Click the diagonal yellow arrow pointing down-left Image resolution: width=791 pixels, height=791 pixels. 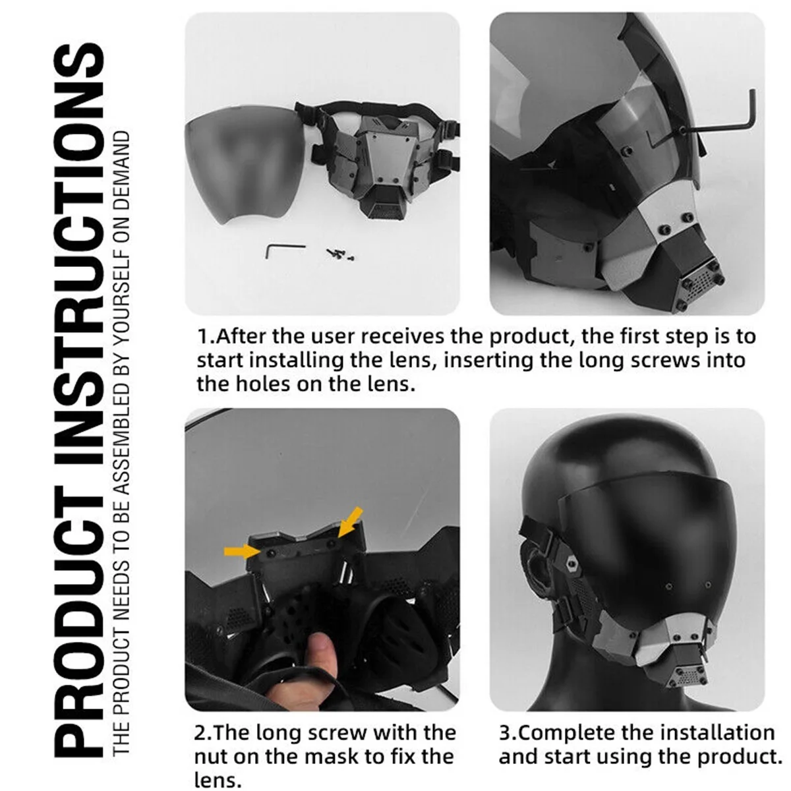tap(350, 522)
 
